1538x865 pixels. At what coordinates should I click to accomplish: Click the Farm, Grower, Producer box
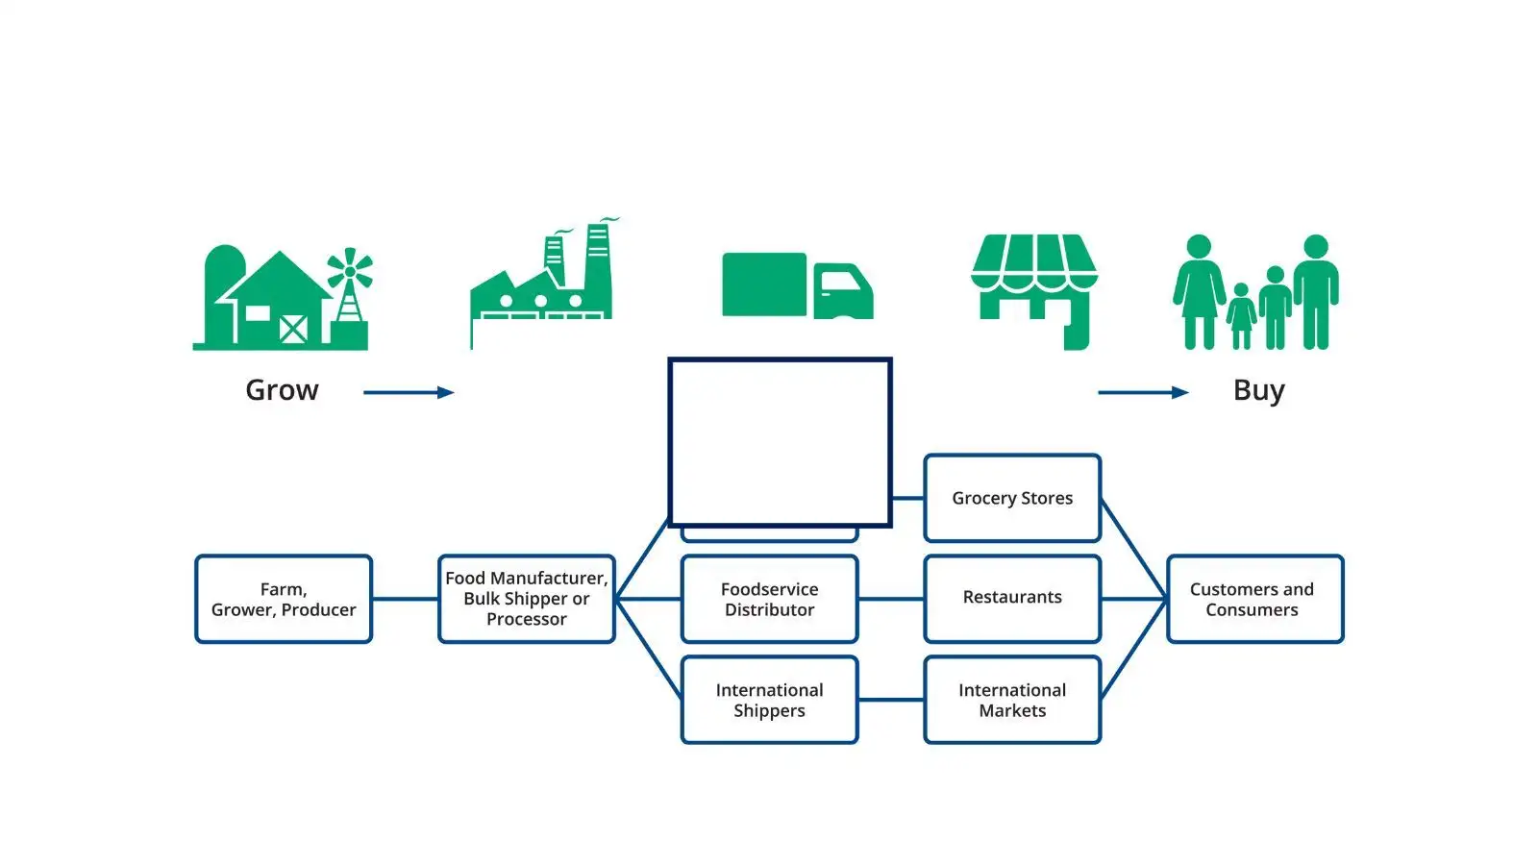click(284, 599)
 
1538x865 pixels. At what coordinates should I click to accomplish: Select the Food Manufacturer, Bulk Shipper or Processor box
click(526, 599)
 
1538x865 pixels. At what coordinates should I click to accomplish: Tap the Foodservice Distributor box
click(769, 599)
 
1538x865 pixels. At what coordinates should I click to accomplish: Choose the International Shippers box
click(769, 700)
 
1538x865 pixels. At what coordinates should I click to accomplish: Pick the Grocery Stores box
click(1012, 498)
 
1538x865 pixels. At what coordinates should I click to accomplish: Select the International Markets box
click(1012, 700)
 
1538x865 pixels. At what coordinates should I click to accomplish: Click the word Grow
click(282, 390)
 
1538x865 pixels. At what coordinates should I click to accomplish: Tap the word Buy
click(1258, 390)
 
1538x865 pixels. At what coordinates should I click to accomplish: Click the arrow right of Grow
click(409, 392)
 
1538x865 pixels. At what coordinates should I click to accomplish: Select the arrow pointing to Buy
click(1143, 392)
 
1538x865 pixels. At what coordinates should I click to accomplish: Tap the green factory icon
click(542, 284)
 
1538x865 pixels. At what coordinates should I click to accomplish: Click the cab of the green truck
click(843, 290)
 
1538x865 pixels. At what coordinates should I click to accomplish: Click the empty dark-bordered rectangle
click(780, 442)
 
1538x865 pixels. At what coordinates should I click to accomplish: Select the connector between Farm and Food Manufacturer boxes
click(405, 599)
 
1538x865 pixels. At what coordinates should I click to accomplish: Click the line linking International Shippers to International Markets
click(891, 700)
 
